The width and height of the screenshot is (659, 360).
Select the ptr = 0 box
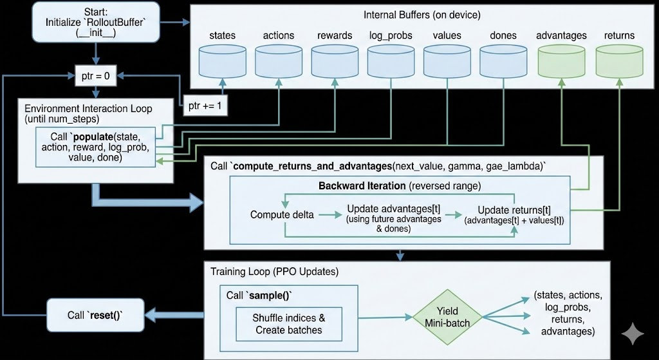[95, 75]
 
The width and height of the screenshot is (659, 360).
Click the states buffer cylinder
[222, 63]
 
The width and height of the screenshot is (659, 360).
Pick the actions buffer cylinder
[278, 63]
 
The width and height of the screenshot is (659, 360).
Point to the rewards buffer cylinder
[335, 63]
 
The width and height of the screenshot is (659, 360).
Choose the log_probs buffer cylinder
[390, 63]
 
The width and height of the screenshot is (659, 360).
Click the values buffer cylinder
[446, 63]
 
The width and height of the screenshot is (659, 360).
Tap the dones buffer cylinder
[502, 63]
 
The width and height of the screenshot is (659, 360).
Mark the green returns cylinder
[619, 63]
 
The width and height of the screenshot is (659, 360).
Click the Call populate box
[95, 146]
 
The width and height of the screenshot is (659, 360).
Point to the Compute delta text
[282, 214]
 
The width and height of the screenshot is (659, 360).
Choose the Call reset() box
[95, 315]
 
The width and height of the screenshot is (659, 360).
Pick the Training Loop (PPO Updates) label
[274, 271]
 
